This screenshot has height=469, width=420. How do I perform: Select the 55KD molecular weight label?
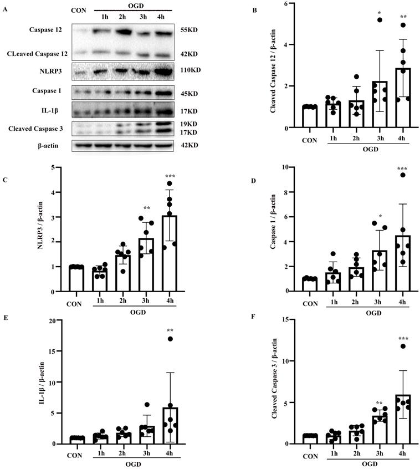point(190,34)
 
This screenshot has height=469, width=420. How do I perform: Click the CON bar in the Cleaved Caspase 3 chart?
point(304,439)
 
